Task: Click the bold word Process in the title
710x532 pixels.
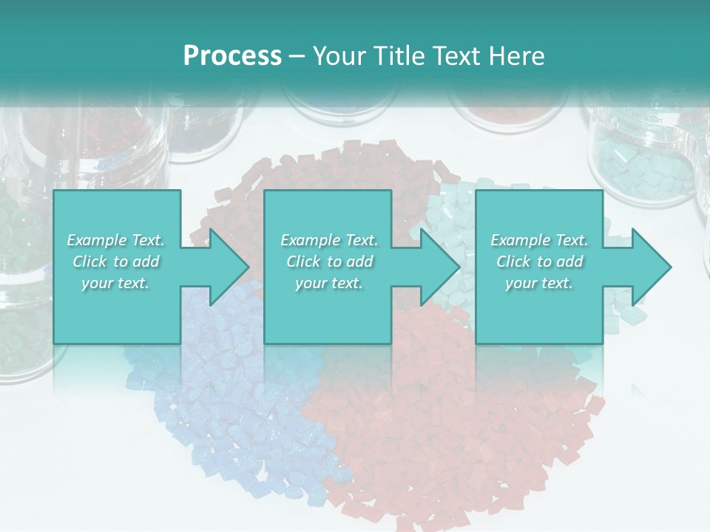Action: click(x=232, y=56)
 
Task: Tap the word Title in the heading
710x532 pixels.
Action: click(x=398, y=56)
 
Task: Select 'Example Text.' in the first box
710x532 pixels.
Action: click(x=115, y=240)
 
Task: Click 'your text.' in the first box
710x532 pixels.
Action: click(x=115, y=283)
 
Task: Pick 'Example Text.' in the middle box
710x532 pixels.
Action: click(x=329, y=240)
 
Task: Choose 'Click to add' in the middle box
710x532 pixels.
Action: click(x=329, y=262)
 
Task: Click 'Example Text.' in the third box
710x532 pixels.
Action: click(x=539, y=240)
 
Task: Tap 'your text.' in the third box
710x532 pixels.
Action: click(x=539, y=283)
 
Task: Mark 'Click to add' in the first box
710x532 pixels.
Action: click(x=115, y=262)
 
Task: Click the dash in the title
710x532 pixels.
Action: click(x=297, y=56)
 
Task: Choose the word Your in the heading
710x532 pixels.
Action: click(x=339, y=56)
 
